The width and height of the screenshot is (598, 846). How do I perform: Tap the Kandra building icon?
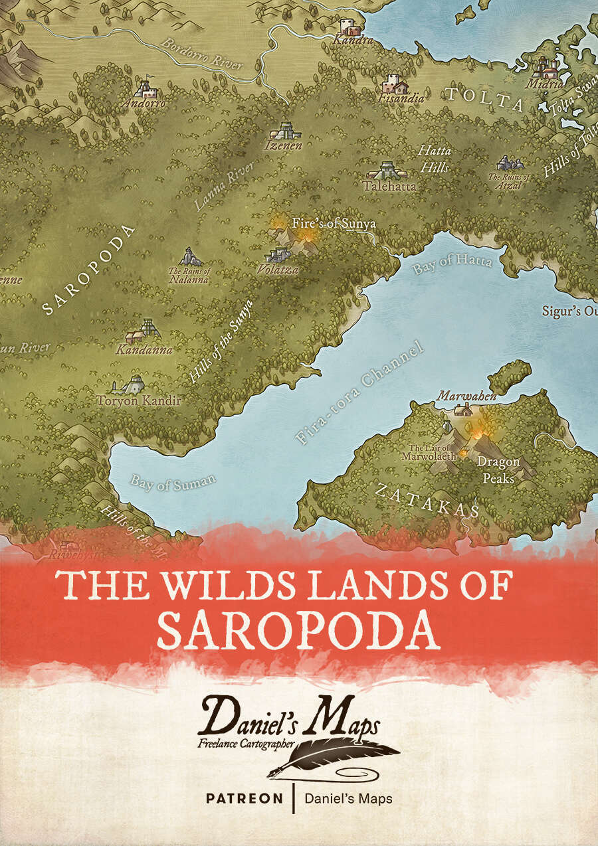tap(348, 27)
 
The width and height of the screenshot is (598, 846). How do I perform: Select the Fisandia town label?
tap(401, 98)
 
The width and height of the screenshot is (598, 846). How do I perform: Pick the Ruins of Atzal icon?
tap(510, 163)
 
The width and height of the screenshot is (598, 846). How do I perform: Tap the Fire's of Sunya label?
tap(334, 223)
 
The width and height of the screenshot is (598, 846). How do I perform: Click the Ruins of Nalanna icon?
tap(191, 256)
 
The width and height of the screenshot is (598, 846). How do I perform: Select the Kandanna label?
tap(144, 349)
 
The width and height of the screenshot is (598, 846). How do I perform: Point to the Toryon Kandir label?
tap(139, 400)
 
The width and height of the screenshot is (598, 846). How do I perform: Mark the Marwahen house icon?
tap(463, 410)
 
